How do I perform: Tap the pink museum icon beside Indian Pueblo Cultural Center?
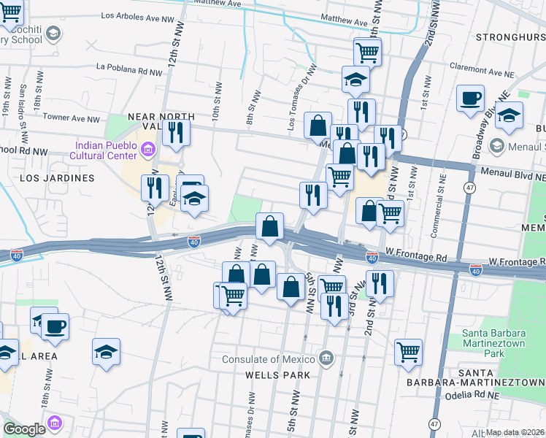coord(149,150)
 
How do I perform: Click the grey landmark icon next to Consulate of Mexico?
coord(326,358)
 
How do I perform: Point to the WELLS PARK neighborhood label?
coord(277,375)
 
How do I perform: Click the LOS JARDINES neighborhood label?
coord(57,178)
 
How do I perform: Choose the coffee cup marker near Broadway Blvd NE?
coord(470,98)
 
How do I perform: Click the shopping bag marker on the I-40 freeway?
coord(270,226)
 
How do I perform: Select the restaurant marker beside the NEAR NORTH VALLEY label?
coord(176,131)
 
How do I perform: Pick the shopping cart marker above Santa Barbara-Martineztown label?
coord(408,352)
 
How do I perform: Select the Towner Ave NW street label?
coord(71,118)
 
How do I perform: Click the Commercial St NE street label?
coord(442,194)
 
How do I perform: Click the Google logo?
coord(24,429)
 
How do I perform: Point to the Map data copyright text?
coord(515,432)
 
